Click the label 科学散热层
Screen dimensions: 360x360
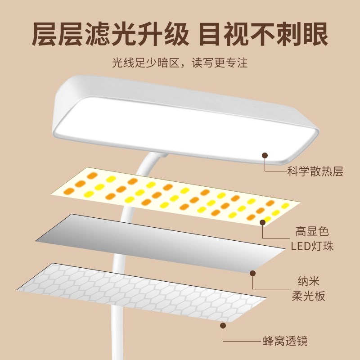point(315,171)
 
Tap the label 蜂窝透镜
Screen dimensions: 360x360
point(285,341)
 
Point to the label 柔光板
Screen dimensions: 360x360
point(308,296)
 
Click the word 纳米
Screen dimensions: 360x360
point(308,282)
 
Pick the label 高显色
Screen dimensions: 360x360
point(312,232)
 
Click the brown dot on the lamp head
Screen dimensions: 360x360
point(265,155)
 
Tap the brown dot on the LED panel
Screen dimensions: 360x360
point(263,222)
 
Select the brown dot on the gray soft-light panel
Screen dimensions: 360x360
point(253,273)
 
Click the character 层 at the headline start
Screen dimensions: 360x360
point(46,34)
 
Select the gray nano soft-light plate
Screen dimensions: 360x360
point(148,243)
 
